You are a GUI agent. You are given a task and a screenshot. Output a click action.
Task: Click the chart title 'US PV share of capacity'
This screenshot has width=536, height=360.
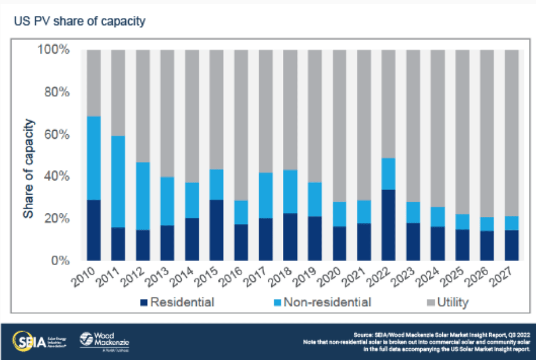tap(80, 22)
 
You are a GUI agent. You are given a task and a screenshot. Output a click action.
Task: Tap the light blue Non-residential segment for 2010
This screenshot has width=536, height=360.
tap(94, 158)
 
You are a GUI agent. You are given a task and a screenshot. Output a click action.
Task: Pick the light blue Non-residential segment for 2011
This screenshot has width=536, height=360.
tap(118, 181)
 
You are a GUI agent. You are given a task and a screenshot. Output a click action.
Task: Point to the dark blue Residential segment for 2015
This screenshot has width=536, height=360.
tap(217, 230)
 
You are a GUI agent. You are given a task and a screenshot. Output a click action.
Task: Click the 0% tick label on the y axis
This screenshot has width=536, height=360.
tap(61, 260)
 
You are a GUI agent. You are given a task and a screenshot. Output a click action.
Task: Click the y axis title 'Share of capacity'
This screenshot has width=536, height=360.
tap(28, 169)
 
